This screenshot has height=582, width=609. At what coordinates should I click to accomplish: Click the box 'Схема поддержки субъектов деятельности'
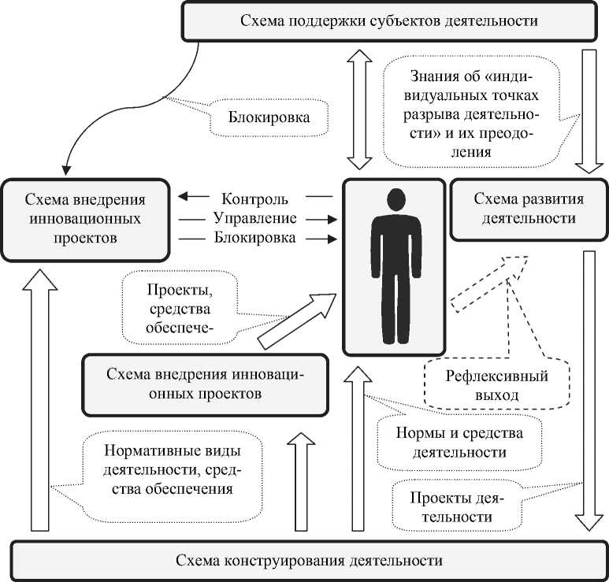(x=389, y=21)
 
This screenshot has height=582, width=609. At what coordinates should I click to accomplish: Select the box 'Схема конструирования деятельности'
(x=309, y=561)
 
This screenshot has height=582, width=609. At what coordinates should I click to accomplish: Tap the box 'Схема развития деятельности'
(x=529, y=209)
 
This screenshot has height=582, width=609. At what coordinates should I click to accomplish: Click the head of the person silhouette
(x=396, y=200)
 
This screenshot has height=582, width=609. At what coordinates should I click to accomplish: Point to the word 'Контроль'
(x=254, y=198)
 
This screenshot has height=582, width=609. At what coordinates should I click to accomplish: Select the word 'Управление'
(x=255, y=218)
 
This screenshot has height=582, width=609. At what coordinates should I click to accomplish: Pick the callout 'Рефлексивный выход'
(x=497, y=385)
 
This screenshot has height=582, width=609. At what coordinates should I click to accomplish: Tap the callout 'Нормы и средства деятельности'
(x=459, y=443)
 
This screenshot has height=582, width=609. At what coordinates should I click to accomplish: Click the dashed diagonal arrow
(x=489, y=284)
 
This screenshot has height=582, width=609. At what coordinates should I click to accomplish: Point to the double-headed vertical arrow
(x=359, y=109)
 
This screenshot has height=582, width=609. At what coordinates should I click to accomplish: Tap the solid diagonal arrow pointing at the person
(x=297, y=321)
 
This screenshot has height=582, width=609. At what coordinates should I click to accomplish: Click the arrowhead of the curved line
(x=66, y=169)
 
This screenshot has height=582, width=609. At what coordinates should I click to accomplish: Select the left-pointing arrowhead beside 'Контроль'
(x=184, y=196)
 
